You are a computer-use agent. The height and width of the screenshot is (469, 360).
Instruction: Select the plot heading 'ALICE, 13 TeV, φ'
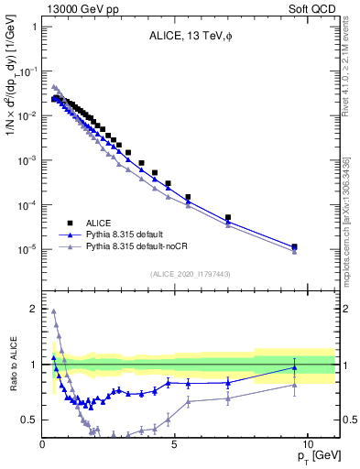191,37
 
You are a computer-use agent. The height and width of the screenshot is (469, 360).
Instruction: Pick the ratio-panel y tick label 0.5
29,420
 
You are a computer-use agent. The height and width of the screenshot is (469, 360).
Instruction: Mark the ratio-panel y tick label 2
33,309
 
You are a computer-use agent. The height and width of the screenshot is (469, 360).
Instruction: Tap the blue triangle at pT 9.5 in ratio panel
294,367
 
